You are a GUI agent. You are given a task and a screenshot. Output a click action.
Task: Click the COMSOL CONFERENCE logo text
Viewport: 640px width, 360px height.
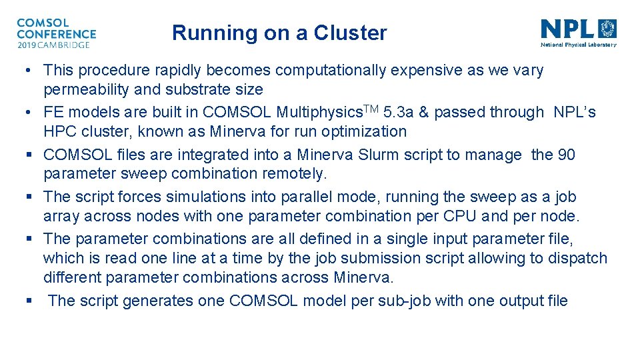[56, 28]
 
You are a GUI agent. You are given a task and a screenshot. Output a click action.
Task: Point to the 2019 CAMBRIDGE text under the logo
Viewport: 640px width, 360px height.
[53, 45]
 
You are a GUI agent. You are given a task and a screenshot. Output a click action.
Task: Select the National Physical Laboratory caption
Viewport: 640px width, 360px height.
[578, 45]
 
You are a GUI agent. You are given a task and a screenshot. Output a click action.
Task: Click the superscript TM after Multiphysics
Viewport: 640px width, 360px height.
[353, 109]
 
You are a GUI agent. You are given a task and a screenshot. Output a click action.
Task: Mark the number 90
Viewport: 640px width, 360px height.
[566, 155]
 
